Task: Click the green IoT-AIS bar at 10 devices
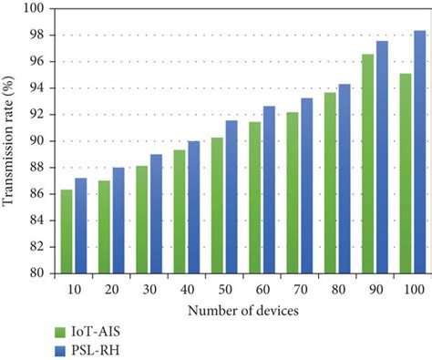[x=67, y=231]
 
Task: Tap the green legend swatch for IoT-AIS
[x=62, y=332]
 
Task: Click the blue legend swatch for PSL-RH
[x=62, y=350]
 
